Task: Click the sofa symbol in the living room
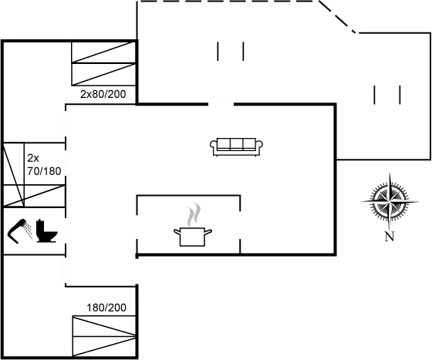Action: click(x=236, y=147)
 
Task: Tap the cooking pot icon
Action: click(x=193, y=237)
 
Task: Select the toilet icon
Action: click(x=46, y=231)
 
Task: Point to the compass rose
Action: click(x=390, y=202)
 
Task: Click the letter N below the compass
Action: click(x=390, y=237)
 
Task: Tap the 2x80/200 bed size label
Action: click(x=103, y=94)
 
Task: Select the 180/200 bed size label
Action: click(x=106, y=308)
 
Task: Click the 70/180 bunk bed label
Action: click(x=44, y=171)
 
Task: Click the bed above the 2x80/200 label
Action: click(x=103, y=63)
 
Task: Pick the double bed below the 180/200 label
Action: click(x=104, y=336)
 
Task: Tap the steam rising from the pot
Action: click(x=194, y=214)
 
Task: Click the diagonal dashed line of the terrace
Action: click(x=338, y=17)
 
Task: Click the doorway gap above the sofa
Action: click(x=221, y=104)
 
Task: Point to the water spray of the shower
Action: click(x=28, y=230)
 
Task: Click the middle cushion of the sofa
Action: click(x=236, y=144)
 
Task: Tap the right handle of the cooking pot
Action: click(x=208, y=232)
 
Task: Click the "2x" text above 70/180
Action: click(x=33, y=158)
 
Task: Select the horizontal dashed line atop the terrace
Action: click(x=228, y=2)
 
